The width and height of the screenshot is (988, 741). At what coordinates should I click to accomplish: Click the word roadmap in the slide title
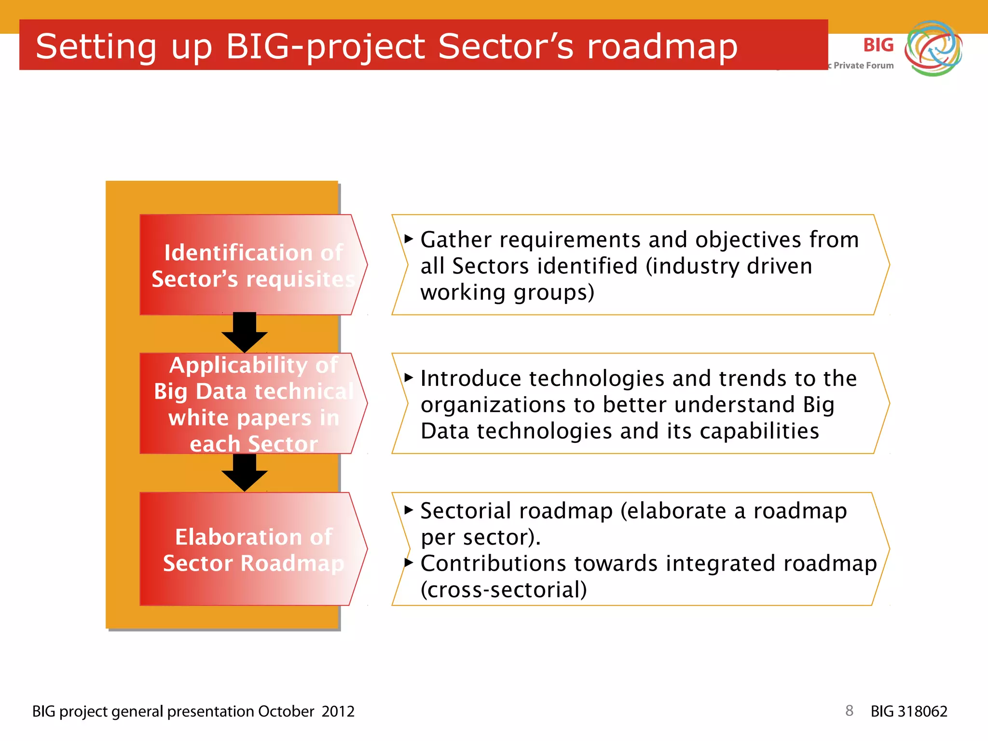click(x=662, y=47)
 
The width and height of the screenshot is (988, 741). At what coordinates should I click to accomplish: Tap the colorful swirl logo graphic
click(x=933, y=48)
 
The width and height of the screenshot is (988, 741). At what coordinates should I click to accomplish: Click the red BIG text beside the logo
click(x=878, y=45)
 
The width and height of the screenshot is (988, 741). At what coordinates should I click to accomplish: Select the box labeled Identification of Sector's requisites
click(x=253, y=265)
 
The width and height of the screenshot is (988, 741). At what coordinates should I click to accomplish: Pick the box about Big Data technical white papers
click(x=253, y=404)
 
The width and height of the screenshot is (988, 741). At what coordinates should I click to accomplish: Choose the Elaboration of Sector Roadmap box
click(x=253, y=549)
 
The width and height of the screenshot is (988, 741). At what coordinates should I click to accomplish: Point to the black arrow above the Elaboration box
click(x=245, y=473)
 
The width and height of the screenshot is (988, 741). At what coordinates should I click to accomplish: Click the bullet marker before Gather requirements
click(x=409, y=239)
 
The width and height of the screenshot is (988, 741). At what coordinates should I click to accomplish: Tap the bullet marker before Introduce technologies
click(x=409, y=377)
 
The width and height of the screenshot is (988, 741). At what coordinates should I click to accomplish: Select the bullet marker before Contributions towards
click(x=409, y=563)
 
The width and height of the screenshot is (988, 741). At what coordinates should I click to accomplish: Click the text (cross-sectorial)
click(x=504, y=590)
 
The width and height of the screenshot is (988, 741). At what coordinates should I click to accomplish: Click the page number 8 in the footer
click(x=849, y=711)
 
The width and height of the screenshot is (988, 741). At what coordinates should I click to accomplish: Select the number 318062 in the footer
click(x=923, y=712)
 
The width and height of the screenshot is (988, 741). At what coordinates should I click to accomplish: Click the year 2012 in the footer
click(x=338, y=712)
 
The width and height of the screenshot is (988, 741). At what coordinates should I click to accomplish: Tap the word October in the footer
click(x=286, y=712)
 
